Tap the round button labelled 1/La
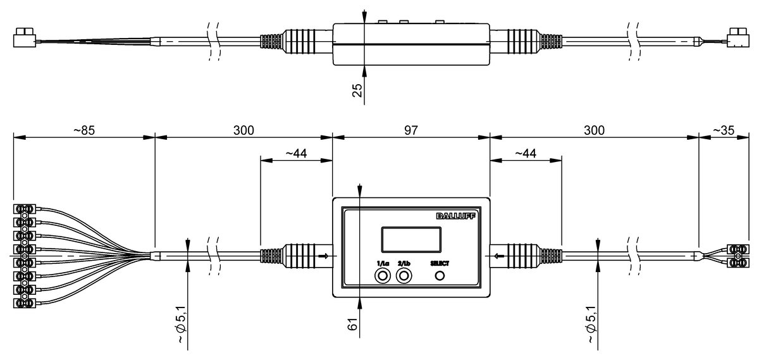382,276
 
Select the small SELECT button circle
440,276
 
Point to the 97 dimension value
411,130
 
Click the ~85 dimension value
84,130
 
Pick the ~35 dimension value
724,130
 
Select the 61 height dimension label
353,324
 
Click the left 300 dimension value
244,130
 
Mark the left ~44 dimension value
296,153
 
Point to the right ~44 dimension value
526,153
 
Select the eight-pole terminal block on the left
25,256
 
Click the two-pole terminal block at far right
737,256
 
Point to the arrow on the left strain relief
324,256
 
